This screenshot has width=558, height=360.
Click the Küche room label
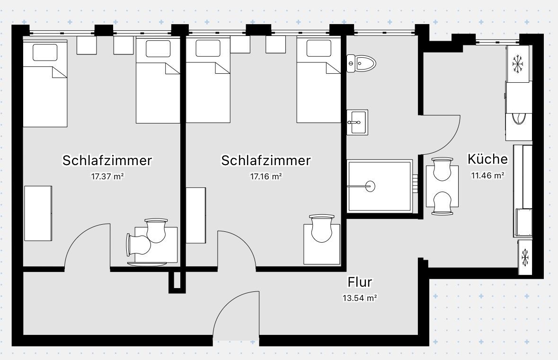[x=487, y=159]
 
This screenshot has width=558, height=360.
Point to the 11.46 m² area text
[x=487, y=176]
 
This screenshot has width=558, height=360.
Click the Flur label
[x=360, y=282]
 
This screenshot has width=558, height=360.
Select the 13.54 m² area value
[x=360, y=299]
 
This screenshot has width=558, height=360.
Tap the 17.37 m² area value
[x=107, y=176]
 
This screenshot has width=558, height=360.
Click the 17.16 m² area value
[x=266, y=176]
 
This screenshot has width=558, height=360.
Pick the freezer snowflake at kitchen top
[x=519, y=63]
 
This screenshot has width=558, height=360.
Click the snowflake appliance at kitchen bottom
[x=524, y=257]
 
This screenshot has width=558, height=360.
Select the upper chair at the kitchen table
[x=442, y=169]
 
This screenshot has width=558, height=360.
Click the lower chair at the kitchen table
[x=442, y=203]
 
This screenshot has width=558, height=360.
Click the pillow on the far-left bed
[x=45, y=52]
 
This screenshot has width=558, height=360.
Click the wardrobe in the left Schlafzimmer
[x=38, y=213]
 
